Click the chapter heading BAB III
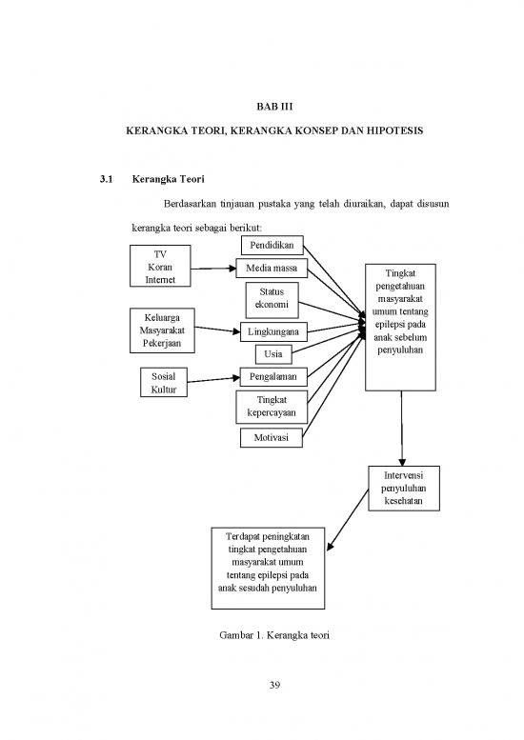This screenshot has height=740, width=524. click(x=274, y=107)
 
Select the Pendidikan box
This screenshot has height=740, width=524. click(x=272, y=246)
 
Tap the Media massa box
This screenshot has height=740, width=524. click(x=272, y=268)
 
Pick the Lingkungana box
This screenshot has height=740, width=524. click(x=273, y=331)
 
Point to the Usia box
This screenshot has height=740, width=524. click(x=273, y=354)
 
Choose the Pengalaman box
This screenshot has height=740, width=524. click(x=273, y=376)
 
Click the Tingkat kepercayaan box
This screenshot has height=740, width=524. click(x=272, y=407)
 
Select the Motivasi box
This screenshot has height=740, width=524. click(x=271, y=437)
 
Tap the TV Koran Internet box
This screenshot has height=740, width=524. click(x=160, y=266)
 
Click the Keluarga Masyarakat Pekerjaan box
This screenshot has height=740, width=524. click(x=162, y=330)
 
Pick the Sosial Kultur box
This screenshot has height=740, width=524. click(x=163, y=382)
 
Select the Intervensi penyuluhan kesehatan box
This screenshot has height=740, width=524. click(x=404, y=489)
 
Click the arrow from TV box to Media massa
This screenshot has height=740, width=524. click(x=213, y=269)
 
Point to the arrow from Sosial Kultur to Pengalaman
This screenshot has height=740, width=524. click(x=213, y=379)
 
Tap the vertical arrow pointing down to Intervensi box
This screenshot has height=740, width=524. click(x=402, y=429)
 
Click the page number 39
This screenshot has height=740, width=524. click(x=274, y=685)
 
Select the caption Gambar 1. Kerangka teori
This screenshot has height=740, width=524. click(x=274, y=635)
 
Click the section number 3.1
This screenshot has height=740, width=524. click(x=106, y=179)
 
